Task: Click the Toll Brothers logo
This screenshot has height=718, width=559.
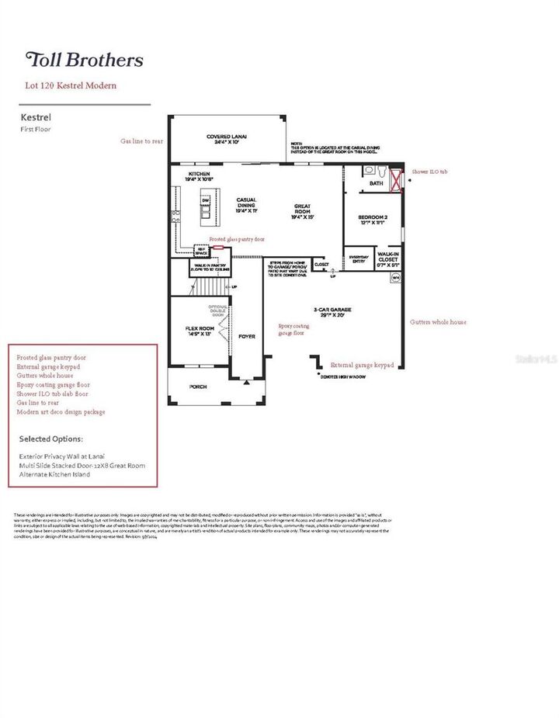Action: (x=85, y=60)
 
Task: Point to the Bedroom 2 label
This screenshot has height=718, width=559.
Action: (x=373, y=220)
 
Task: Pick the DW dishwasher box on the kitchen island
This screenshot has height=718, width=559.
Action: (x=207, y=202)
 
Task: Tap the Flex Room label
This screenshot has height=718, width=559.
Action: (x=200, y=331)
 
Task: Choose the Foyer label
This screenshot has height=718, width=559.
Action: (x=247, y=337)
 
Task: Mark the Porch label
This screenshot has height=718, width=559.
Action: (x=200, y=386)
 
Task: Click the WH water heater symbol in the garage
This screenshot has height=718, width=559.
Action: (x=395, y=276)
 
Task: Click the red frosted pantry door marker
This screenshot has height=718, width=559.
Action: (x=218, y=247)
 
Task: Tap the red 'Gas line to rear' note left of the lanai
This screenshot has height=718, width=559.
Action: (x=141, y=142)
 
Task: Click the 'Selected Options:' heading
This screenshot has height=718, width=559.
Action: (x=51, y=439)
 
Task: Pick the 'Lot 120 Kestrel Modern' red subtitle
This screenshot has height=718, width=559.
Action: (x=71, y=85)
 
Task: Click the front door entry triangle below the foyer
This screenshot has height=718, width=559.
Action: (x=246, y=381)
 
